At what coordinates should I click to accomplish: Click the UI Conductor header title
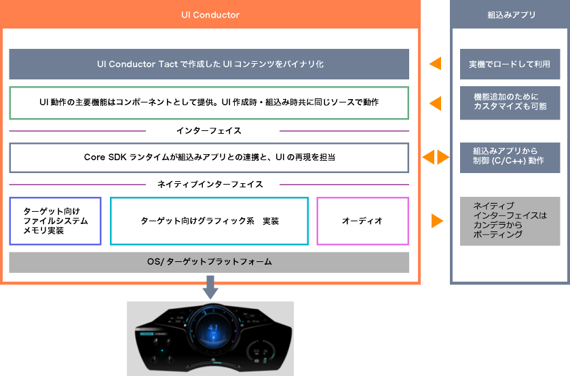coord(210,15)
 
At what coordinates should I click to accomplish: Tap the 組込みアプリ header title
coord(512,15)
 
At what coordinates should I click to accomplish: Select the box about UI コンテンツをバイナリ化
coord(209,64)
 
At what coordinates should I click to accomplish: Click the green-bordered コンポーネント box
coord(209,103)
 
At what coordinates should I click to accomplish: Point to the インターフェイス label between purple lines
coord(209,130)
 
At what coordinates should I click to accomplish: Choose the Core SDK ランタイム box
coord(209,157)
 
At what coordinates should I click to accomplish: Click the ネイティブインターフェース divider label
coord(210,185)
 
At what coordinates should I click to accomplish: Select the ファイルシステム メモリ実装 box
coord(55,221)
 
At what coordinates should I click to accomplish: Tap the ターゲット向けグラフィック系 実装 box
coord(210,221)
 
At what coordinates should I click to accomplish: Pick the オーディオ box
coord(363,221)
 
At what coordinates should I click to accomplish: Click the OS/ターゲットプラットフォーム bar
coord(209,262)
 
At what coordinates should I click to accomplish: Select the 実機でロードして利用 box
coord(510,64)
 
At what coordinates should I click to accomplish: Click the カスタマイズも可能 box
coord(510,103)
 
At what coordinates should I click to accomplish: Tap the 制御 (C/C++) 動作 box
coord(510,157)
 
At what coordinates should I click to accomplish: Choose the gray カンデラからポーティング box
coord(510,221)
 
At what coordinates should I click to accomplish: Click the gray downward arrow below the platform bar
coord(210,287)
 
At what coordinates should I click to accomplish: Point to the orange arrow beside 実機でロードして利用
coord(435,64)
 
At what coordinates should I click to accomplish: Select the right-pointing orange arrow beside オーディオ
coord(437,221)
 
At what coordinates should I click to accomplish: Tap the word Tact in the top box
coord(168,64)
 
